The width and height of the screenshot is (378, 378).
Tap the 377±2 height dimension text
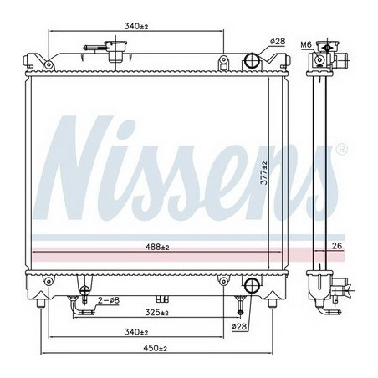coord(262,171)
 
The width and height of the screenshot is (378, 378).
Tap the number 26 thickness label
coord(337,245)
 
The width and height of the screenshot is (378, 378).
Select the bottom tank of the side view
coord(321,289)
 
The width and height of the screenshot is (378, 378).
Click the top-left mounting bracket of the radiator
coord(34,61)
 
